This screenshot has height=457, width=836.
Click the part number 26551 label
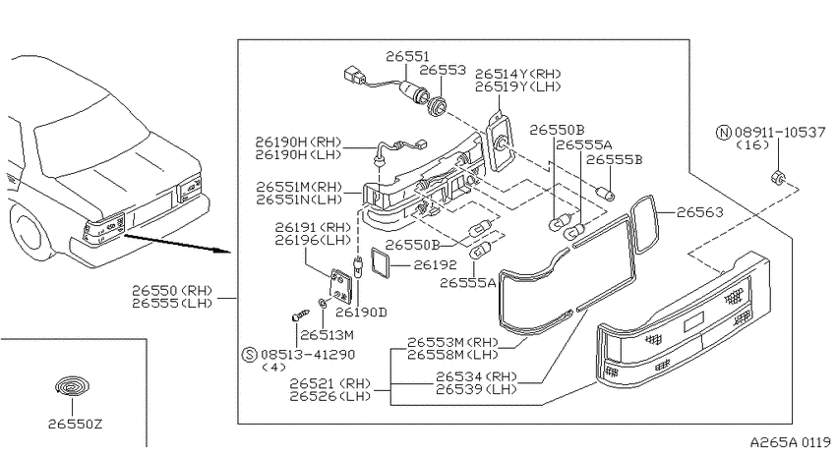[407, 56]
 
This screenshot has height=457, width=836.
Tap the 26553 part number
[443, 71]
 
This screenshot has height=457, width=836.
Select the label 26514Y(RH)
[518, 74]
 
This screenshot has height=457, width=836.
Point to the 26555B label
[614, 159]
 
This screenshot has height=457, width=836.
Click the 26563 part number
[700, 212]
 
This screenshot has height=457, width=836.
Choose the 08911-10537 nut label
[780, 132]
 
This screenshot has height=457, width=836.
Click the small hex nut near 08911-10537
[777, 176]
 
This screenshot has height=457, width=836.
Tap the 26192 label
[436, 264]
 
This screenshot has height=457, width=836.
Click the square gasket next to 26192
[381, 263]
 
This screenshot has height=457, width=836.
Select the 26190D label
[361, 313]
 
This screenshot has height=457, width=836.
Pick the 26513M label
[327, 335]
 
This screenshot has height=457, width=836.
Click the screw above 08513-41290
[301, 314]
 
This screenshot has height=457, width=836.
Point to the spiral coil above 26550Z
[73, 386]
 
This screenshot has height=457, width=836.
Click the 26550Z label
[75, 424]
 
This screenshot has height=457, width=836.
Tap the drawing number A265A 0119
[790, 442]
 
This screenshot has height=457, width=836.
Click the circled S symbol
[250, 354]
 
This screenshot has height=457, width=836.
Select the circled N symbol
[723, 132]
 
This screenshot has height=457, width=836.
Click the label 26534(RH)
[476, 376]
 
